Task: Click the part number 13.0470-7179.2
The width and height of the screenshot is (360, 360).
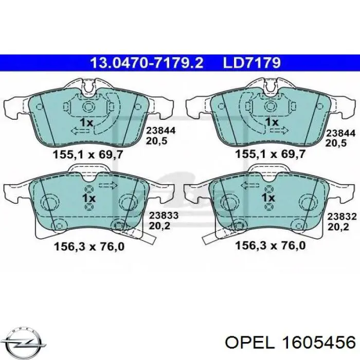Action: pos(147,63)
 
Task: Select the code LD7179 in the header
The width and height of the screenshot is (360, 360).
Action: pos(251,63)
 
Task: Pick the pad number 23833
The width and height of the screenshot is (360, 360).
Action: pos(163,217)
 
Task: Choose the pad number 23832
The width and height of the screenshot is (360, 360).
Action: pos(341,217)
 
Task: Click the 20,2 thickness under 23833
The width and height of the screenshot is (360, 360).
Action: pos(158,225)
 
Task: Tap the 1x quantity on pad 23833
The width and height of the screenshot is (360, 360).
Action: pos(88,198)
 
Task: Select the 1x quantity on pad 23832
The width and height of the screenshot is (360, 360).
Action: pos(268,198)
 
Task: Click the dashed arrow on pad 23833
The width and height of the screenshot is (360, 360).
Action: pos(108,185)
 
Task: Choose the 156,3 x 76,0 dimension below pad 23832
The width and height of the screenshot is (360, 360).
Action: pos(270,246)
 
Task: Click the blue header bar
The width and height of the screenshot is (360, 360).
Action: pos(180,63)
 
